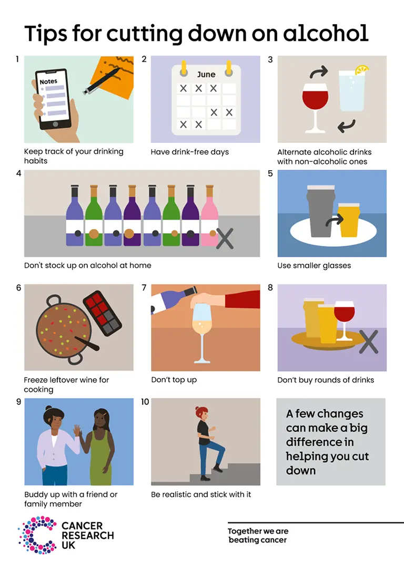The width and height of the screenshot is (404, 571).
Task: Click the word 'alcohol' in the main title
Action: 326,33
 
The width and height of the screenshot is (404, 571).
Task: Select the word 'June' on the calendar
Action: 206,74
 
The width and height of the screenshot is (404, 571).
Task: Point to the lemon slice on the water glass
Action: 362,69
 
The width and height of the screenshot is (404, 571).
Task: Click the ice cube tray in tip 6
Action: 102,313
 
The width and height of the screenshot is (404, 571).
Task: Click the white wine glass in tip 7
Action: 201,331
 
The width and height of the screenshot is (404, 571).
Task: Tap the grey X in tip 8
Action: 368,341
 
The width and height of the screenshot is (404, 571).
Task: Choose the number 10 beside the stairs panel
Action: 145,402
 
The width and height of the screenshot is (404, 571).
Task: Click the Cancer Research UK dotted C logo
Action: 37,535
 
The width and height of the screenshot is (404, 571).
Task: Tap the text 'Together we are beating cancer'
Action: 258,535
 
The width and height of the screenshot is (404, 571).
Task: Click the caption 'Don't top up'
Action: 174,379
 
